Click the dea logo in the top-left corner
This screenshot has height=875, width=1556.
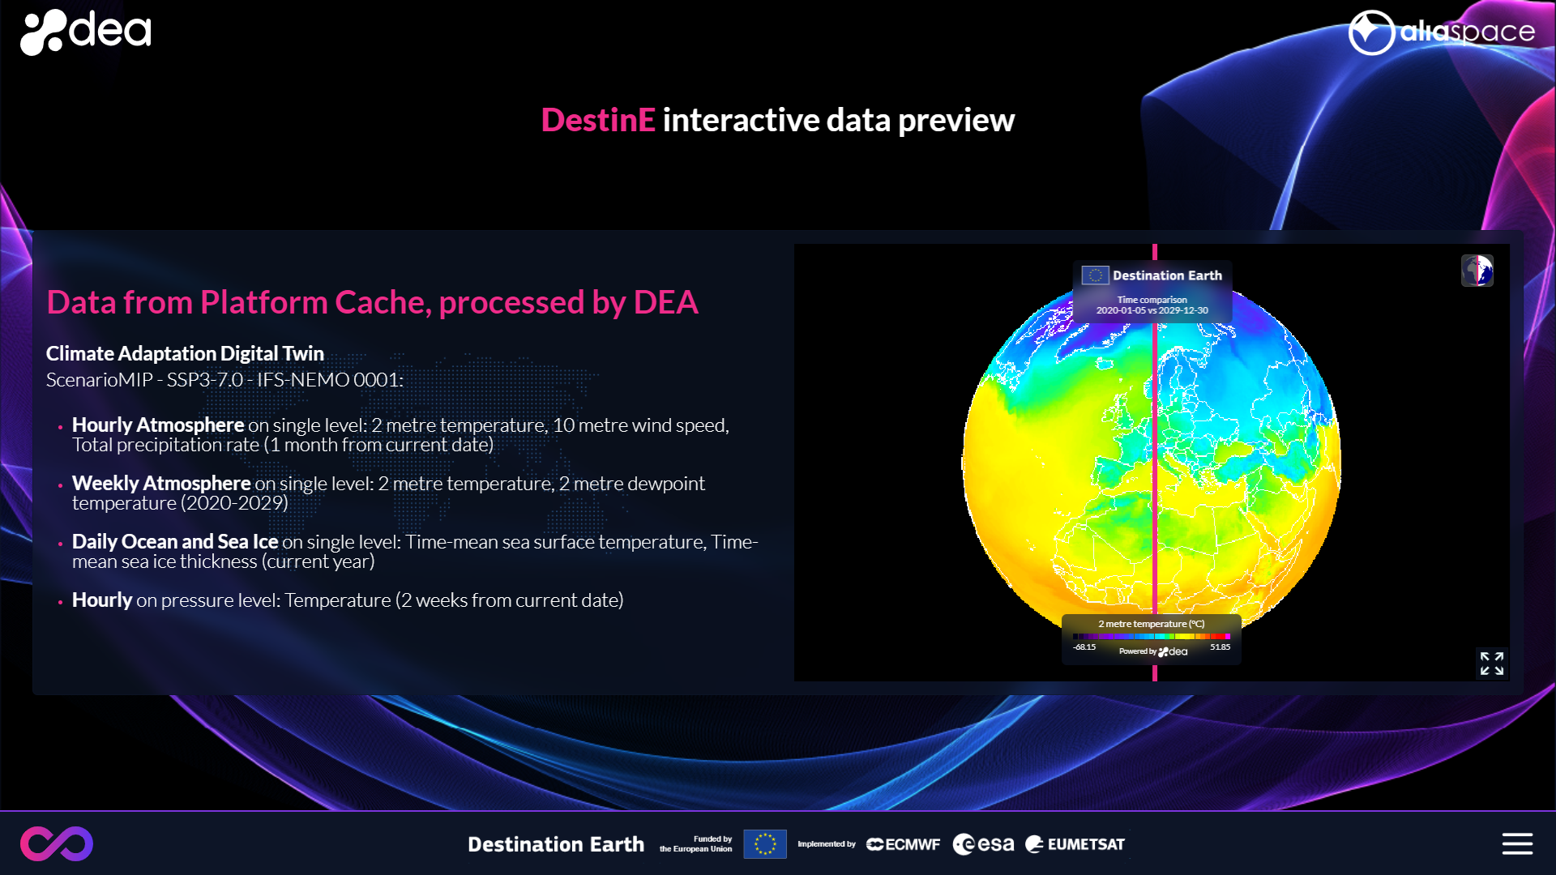click(85, 32)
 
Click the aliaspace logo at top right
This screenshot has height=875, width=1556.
click(1442, 32)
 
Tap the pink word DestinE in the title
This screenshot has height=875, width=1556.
click(598, 120)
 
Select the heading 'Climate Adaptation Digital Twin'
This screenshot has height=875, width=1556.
click(185, 353)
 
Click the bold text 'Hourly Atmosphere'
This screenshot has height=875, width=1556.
click(158, 425)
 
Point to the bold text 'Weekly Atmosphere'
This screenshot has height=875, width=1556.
click(161, 483)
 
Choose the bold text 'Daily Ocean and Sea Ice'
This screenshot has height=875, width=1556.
click(175, 541)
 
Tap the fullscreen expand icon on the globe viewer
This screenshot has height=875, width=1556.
click(1492, 664)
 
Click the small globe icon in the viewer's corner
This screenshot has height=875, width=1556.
click(1477, 271)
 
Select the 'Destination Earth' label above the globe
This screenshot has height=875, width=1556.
click(1167, 275)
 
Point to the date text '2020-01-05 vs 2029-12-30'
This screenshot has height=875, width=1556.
click(1152, 310)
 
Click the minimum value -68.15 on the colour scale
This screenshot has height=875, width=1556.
click(1084, 647)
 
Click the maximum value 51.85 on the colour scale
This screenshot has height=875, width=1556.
click(1220, 647)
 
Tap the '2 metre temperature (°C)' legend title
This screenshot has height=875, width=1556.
click(1152, 624)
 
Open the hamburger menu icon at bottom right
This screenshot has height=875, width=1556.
click(1517, 843)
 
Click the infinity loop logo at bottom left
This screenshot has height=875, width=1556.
click(57, 843)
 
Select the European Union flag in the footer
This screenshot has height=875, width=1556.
click(765, 844)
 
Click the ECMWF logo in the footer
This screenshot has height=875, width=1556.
click(903, 844)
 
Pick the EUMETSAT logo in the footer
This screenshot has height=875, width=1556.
click(1075, 844)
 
